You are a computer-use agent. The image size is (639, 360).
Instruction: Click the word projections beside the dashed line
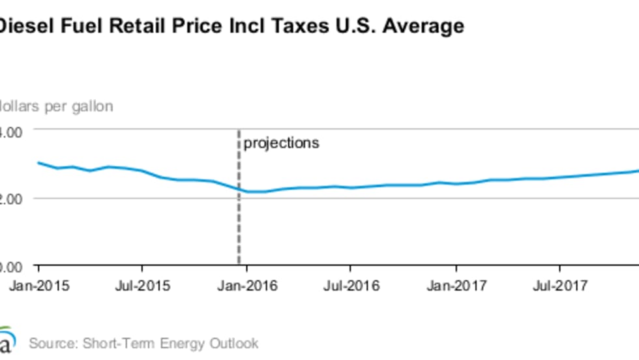[x=281, y=142]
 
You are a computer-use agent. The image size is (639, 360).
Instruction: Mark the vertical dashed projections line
[x=237, y=215]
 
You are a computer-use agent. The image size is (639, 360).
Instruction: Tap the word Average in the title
[x=424, y=27]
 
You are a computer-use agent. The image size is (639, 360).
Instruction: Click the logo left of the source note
[x=5, y=340]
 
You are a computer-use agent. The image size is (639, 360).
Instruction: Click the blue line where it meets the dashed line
[x=237, y=189]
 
